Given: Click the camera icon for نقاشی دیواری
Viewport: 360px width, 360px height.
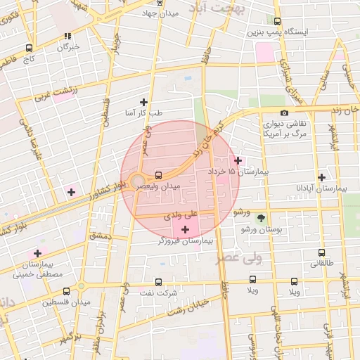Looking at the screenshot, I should (x=283, y=112).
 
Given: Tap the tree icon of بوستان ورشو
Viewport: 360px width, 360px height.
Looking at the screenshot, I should (x=262, y=219).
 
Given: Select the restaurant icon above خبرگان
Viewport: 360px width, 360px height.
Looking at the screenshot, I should (x=67, y=36).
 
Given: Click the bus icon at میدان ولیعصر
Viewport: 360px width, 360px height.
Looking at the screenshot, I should (x=157, y=174).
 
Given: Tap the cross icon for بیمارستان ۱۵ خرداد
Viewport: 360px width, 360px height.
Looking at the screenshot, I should (x=238, y=160).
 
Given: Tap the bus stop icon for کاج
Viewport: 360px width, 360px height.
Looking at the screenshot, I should (x=29, y=49).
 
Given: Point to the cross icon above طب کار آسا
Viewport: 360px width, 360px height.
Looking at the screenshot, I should (x=144, y=102).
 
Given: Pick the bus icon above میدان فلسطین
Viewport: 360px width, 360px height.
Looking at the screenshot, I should (x=66, y=291).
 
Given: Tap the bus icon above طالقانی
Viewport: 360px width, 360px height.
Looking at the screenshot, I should (x=321, y=252).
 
